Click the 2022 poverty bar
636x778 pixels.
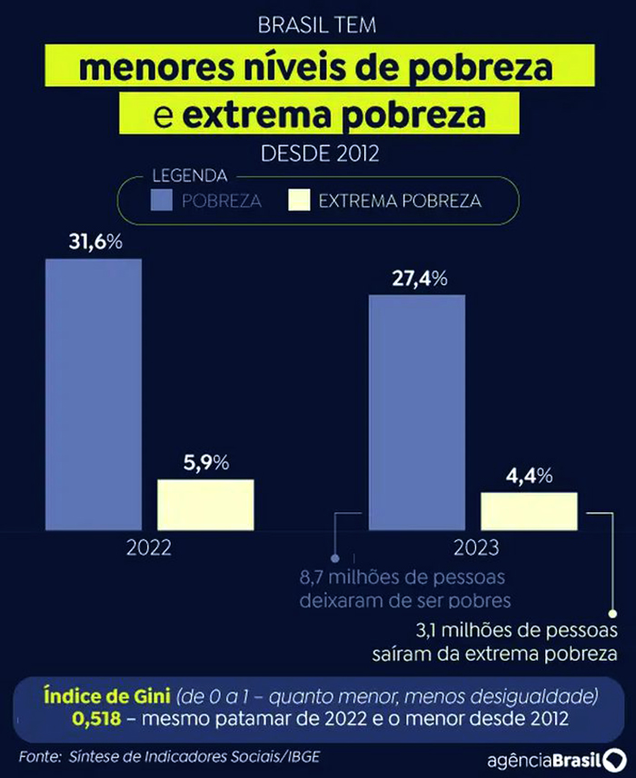point(94,394)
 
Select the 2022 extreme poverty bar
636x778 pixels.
point(205,504)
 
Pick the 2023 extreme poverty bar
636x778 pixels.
point(529,511)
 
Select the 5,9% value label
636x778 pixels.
point(205,461)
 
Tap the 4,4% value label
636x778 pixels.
point(529,475)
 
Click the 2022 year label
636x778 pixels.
point(149,548)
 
